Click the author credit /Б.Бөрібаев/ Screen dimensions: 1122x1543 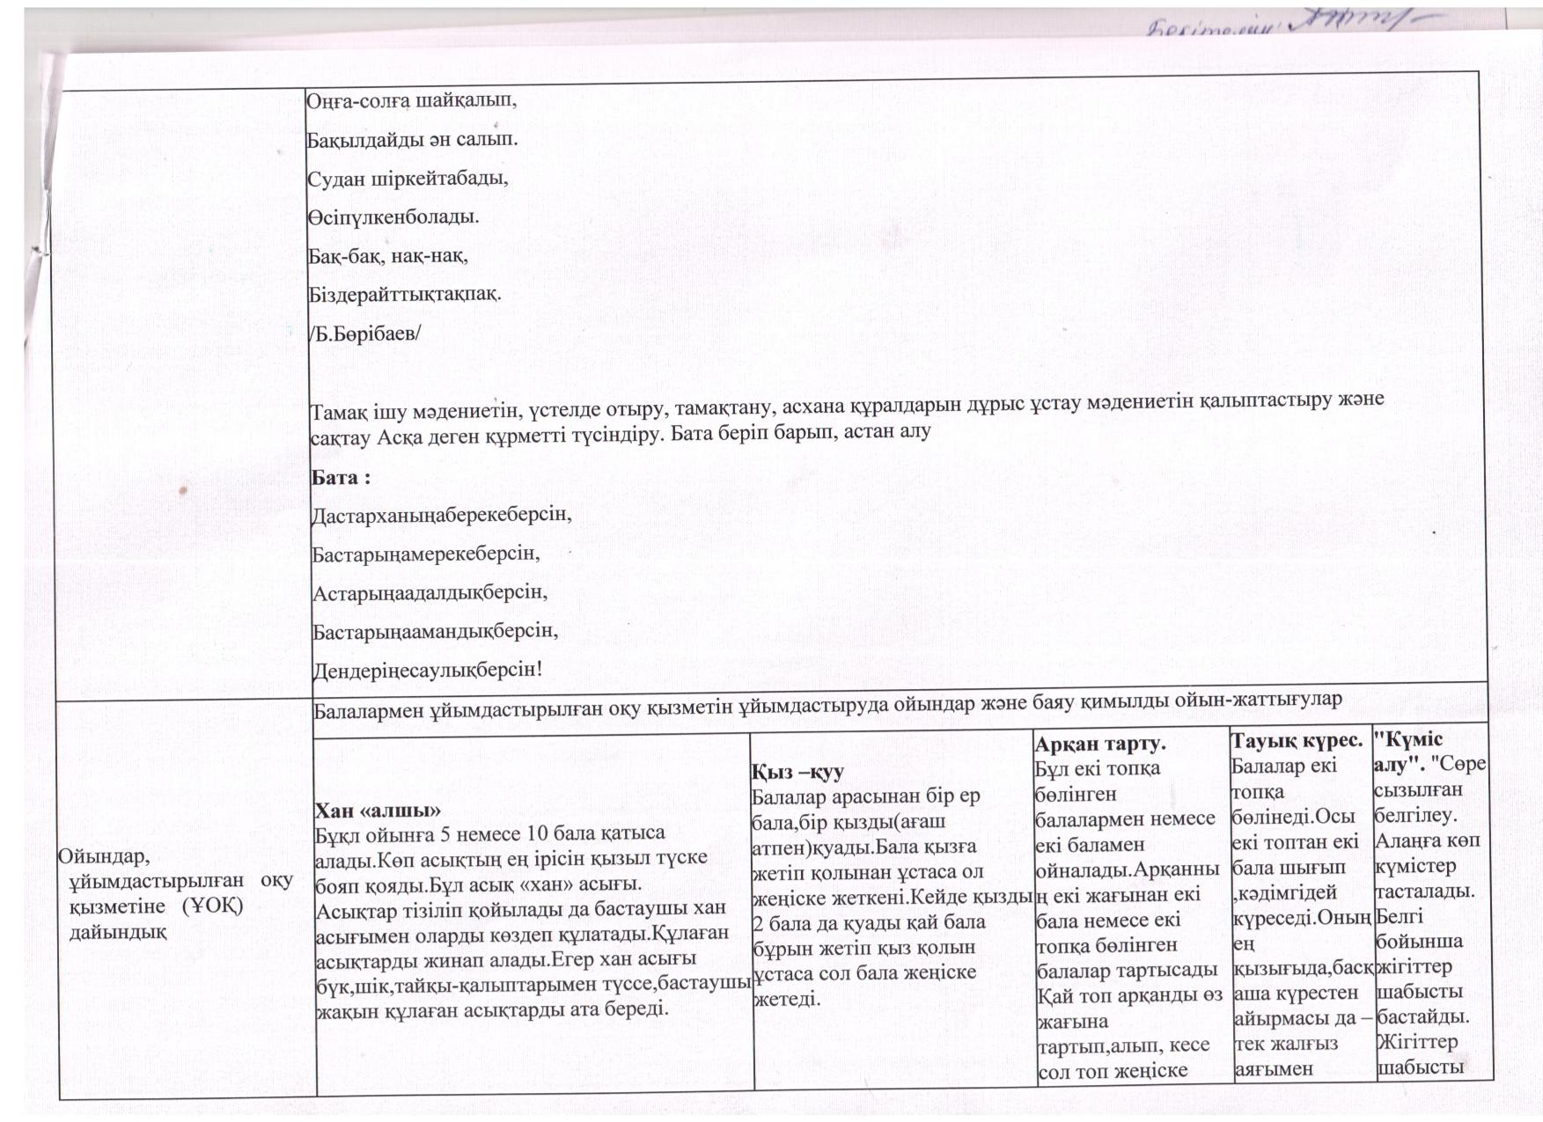[x=364, y=334]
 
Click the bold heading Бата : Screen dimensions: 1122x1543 [x=341, y=478]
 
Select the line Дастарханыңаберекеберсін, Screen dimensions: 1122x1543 [x=442, y=515]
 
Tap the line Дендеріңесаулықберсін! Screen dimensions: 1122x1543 [x=428, y=670]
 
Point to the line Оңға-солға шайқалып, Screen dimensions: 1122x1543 [x=411, y=100]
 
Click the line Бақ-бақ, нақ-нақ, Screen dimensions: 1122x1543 [x=386, y=256]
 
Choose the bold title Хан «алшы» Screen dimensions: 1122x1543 [x=378, y=810]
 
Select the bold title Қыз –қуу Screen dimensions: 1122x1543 [x=797, y=772]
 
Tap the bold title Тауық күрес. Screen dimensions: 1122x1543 [x=1297, y=741]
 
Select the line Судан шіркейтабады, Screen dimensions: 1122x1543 [x=408, y=179]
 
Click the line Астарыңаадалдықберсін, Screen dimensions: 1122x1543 [x=430, y=592]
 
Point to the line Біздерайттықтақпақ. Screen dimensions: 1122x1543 [x=404, y=295]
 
